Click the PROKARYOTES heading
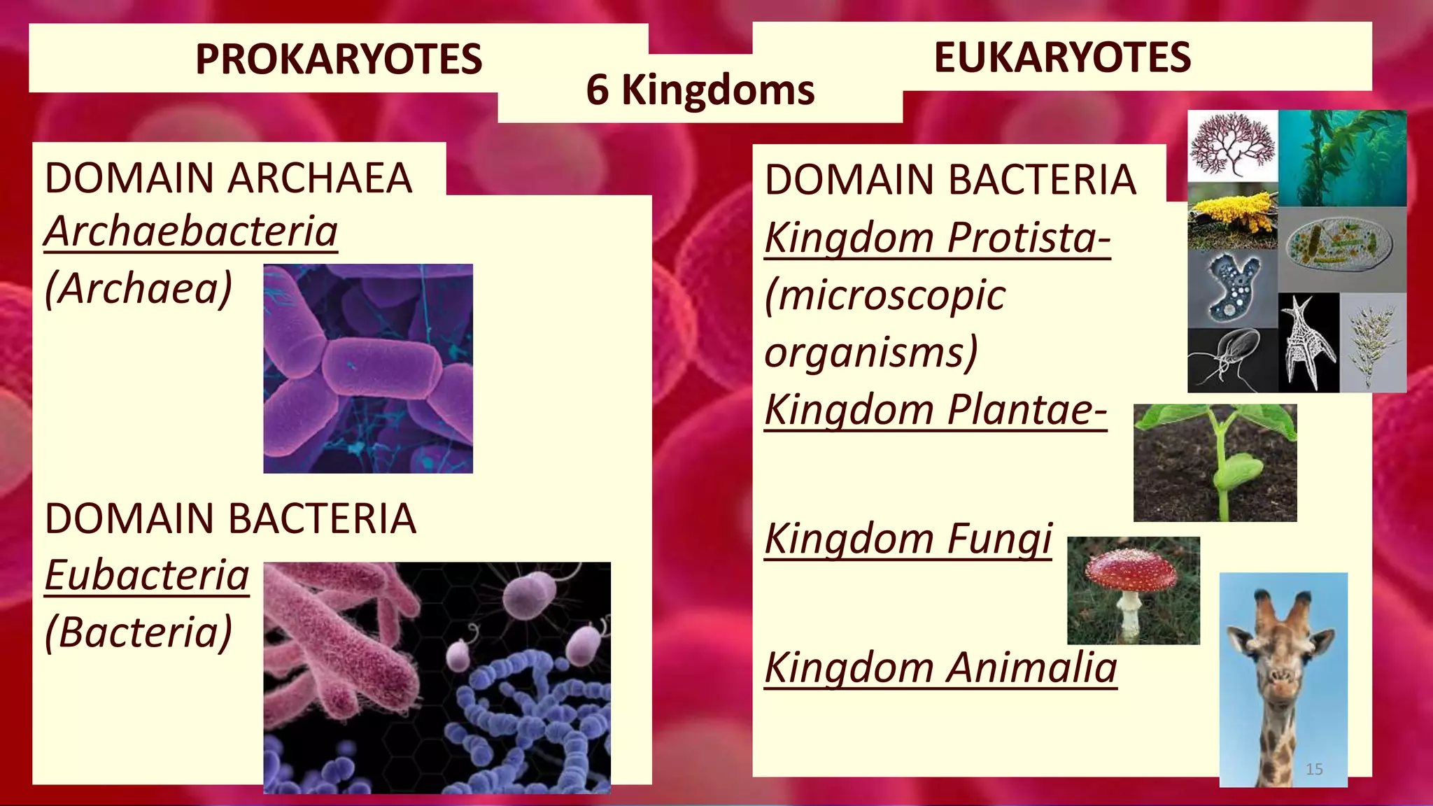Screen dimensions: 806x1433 pos(339,59)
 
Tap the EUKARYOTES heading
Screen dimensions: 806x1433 pos(1062,57)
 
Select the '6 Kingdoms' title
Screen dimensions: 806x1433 pos(700,90)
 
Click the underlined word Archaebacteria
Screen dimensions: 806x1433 pos(191,232)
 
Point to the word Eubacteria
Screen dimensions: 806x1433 pos(147,576)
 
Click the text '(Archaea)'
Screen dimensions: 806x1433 pos(139,288)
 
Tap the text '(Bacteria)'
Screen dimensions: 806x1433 pos(139,632)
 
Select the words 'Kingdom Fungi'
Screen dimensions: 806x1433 pos(908,539)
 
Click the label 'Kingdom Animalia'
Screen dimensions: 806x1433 pos(940,667)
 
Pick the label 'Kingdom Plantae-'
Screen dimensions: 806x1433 pos(936,409)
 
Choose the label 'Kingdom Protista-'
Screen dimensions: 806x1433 pos(938,238)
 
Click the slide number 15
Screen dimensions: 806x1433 pos(1314,769)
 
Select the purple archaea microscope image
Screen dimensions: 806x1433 pos(368,369)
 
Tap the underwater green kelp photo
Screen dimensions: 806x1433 pos(1342,158)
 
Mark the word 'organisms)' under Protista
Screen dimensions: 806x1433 pos(871,352)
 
